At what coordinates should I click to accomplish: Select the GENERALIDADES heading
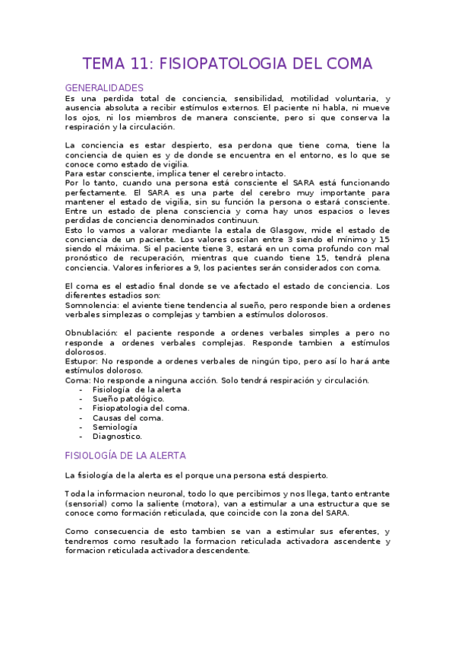(104, 88)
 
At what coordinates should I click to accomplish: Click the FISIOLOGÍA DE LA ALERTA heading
(125, 456)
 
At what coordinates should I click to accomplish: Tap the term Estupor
(81, 361)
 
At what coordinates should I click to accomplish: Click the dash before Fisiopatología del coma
(81, 408)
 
